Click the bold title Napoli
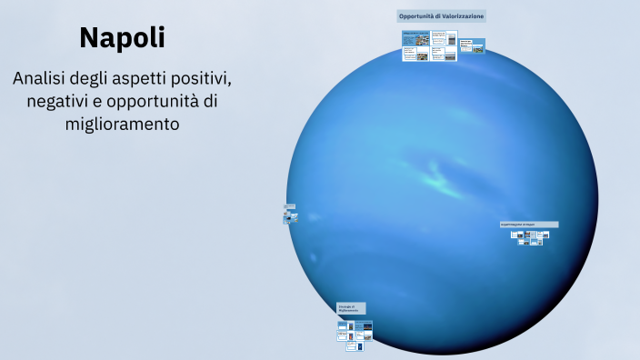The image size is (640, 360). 122,37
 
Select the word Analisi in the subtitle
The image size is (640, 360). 43,79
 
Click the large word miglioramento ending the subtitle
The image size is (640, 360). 122,123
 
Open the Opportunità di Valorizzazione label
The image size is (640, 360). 441,16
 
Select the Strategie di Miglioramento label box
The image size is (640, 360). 351,309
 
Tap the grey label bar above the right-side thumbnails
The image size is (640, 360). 529,224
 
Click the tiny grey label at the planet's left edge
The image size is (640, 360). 289,206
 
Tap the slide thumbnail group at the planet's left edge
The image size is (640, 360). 289,216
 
